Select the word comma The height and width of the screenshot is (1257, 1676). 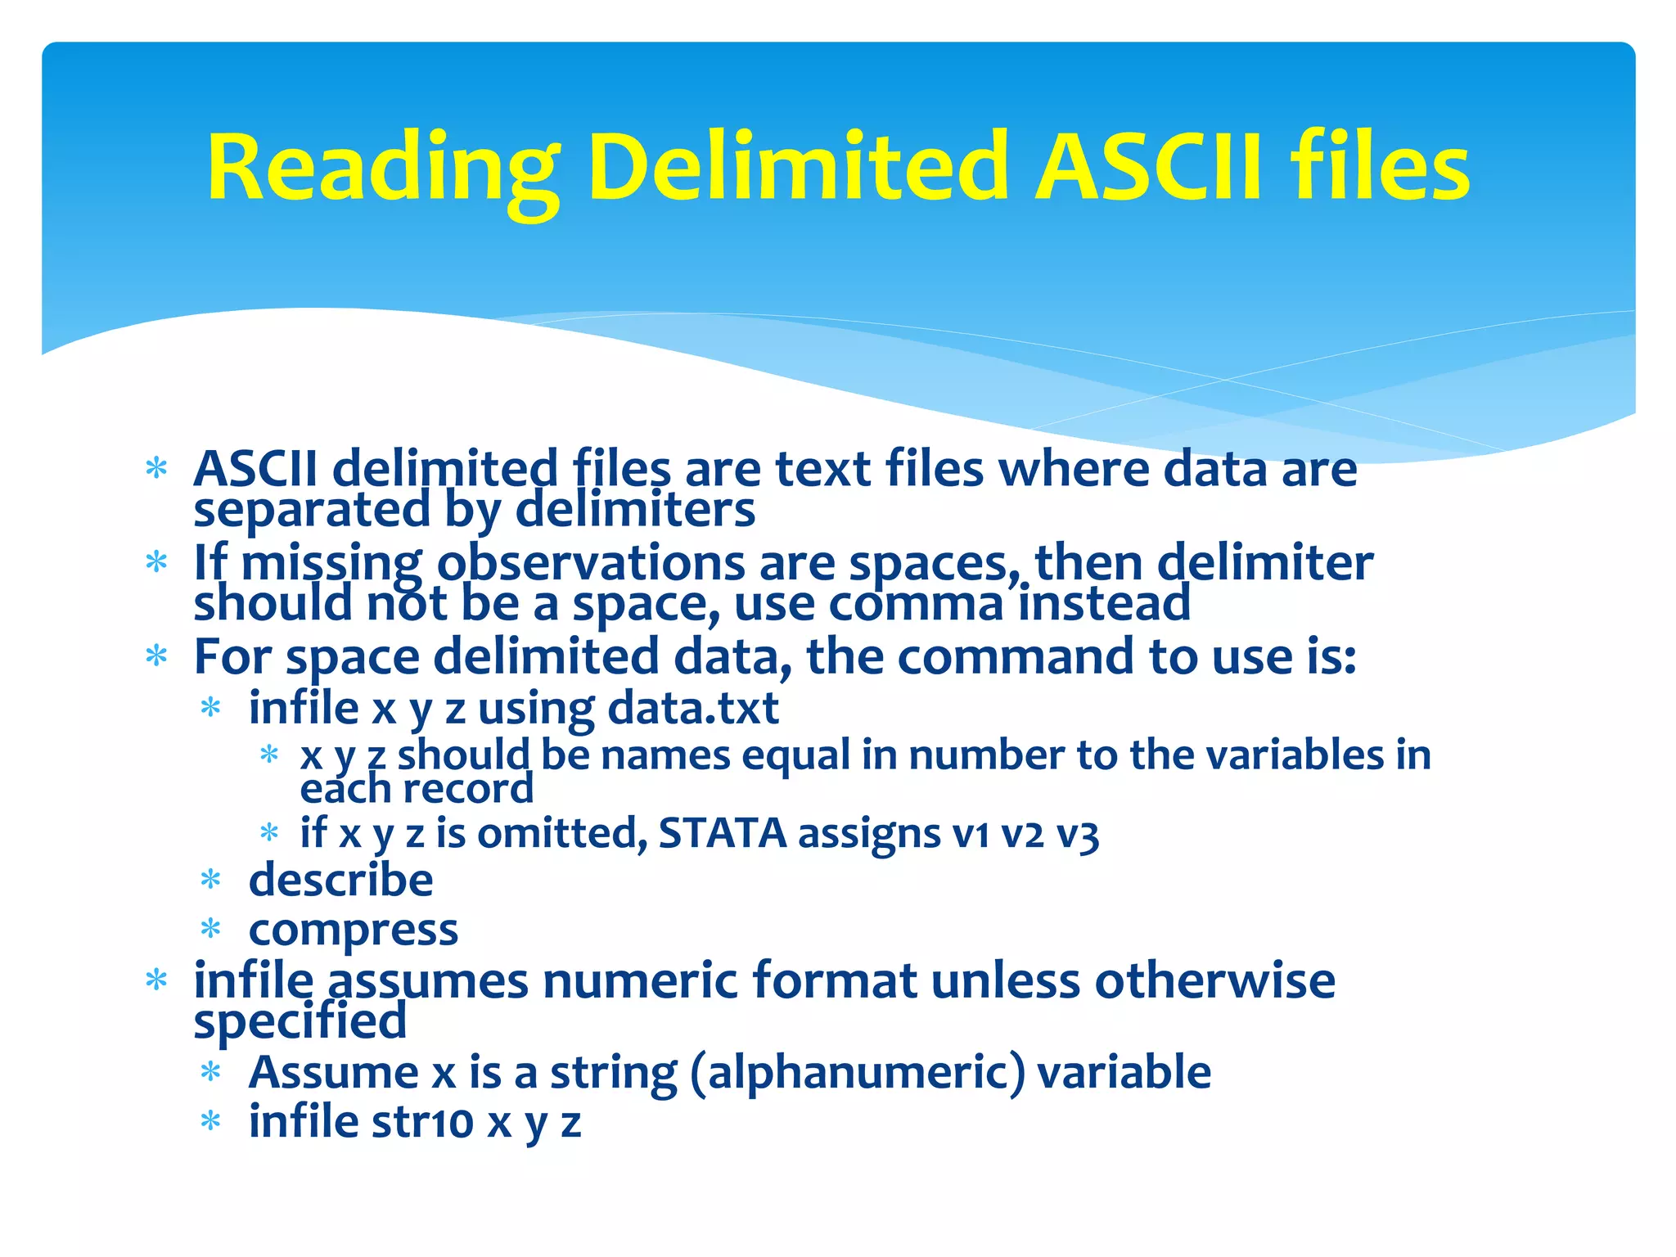[916, 604]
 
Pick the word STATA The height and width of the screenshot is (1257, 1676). [722, 834]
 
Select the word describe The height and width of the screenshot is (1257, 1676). [340, 881]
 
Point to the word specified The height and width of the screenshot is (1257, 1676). [300, 1022]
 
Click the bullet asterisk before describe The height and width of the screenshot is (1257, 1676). [211, 881]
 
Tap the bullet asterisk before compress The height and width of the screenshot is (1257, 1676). [211, 930]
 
